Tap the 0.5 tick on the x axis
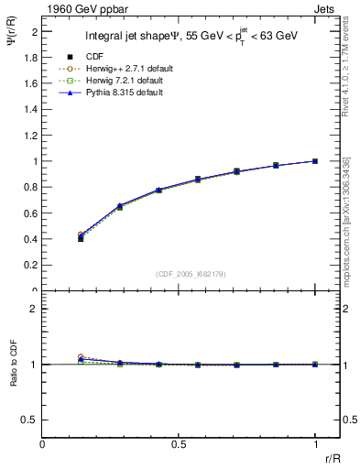click(179, 444)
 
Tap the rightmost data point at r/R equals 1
click(315, 161)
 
